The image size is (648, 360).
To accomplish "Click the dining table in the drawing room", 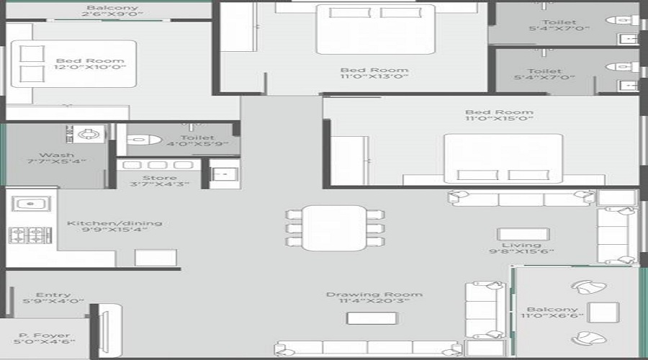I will coord(335,228).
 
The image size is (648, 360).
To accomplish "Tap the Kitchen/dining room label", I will coord(114,223).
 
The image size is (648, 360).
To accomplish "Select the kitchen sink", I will coord(30,204).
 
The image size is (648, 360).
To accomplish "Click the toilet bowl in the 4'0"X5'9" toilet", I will coord(136,139).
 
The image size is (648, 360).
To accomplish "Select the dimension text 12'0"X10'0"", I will coord(89,67).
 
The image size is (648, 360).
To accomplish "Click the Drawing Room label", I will coord(374,294).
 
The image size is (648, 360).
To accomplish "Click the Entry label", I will coord(53,294).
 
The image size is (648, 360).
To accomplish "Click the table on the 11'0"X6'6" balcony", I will coord(603,312).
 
